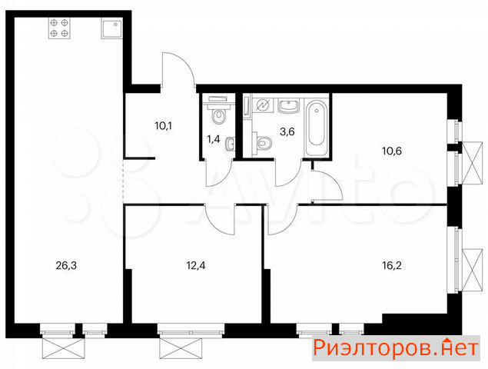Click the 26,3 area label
pos(66,266)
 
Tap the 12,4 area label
pos(196,266)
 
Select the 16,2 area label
pos(392,266)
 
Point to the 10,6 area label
pos(392,151)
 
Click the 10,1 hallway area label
pos(164,126)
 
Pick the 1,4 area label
pos(214,139)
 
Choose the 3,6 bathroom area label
pos(287,131)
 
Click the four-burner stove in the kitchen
pos(59,28)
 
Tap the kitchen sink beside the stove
pos(112,28)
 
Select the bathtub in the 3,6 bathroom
pos(317,128)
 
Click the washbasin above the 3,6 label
pos(288,105)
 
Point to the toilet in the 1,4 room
pos(219,112)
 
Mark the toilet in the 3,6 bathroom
pos(262,143)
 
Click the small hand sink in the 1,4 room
pos(231,144)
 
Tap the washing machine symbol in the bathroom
pos(262,105)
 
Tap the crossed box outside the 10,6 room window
pos(473,164)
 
